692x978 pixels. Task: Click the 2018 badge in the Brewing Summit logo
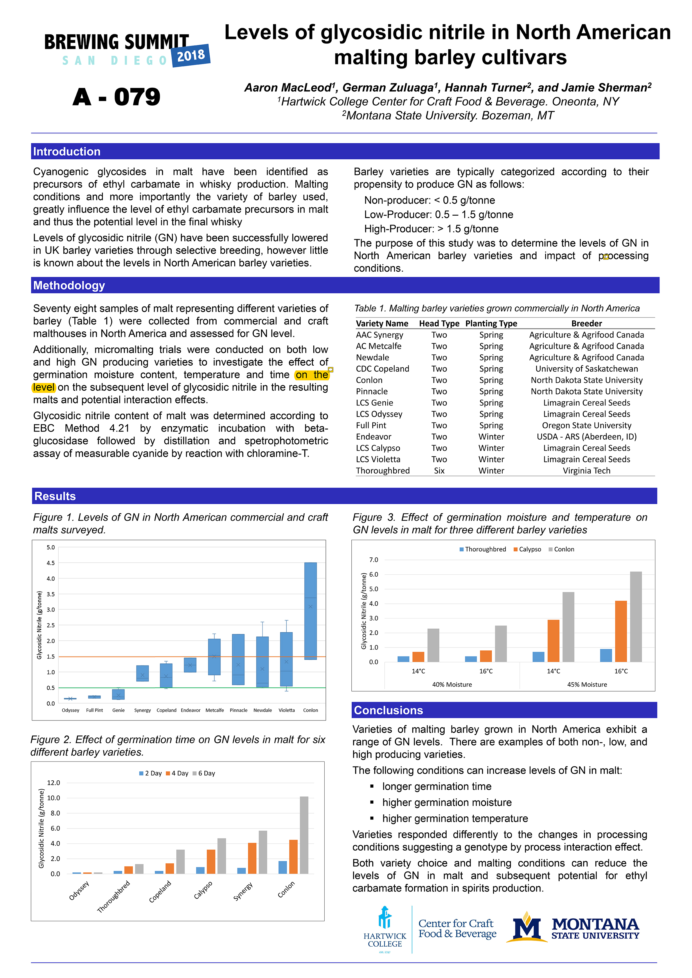(x=190, y=55)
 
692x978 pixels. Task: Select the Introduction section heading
(x=67, y=152)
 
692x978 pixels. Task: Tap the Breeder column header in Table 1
(x=586, y=323)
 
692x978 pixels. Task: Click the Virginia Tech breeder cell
(x=586, y=471)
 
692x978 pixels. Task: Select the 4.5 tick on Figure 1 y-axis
(x=51, y=563)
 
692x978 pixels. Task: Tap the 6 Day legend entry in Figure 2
(x=204, y=773)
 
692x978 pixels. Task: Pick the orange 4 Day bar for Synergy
(x=252, y=858)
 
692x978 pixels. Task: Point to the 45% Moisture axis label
(x=587, y=685)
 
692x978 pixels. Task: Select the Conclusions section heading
(x=388, y=710)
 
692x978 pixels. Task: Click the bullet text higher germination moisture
(x=447, y=802)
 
